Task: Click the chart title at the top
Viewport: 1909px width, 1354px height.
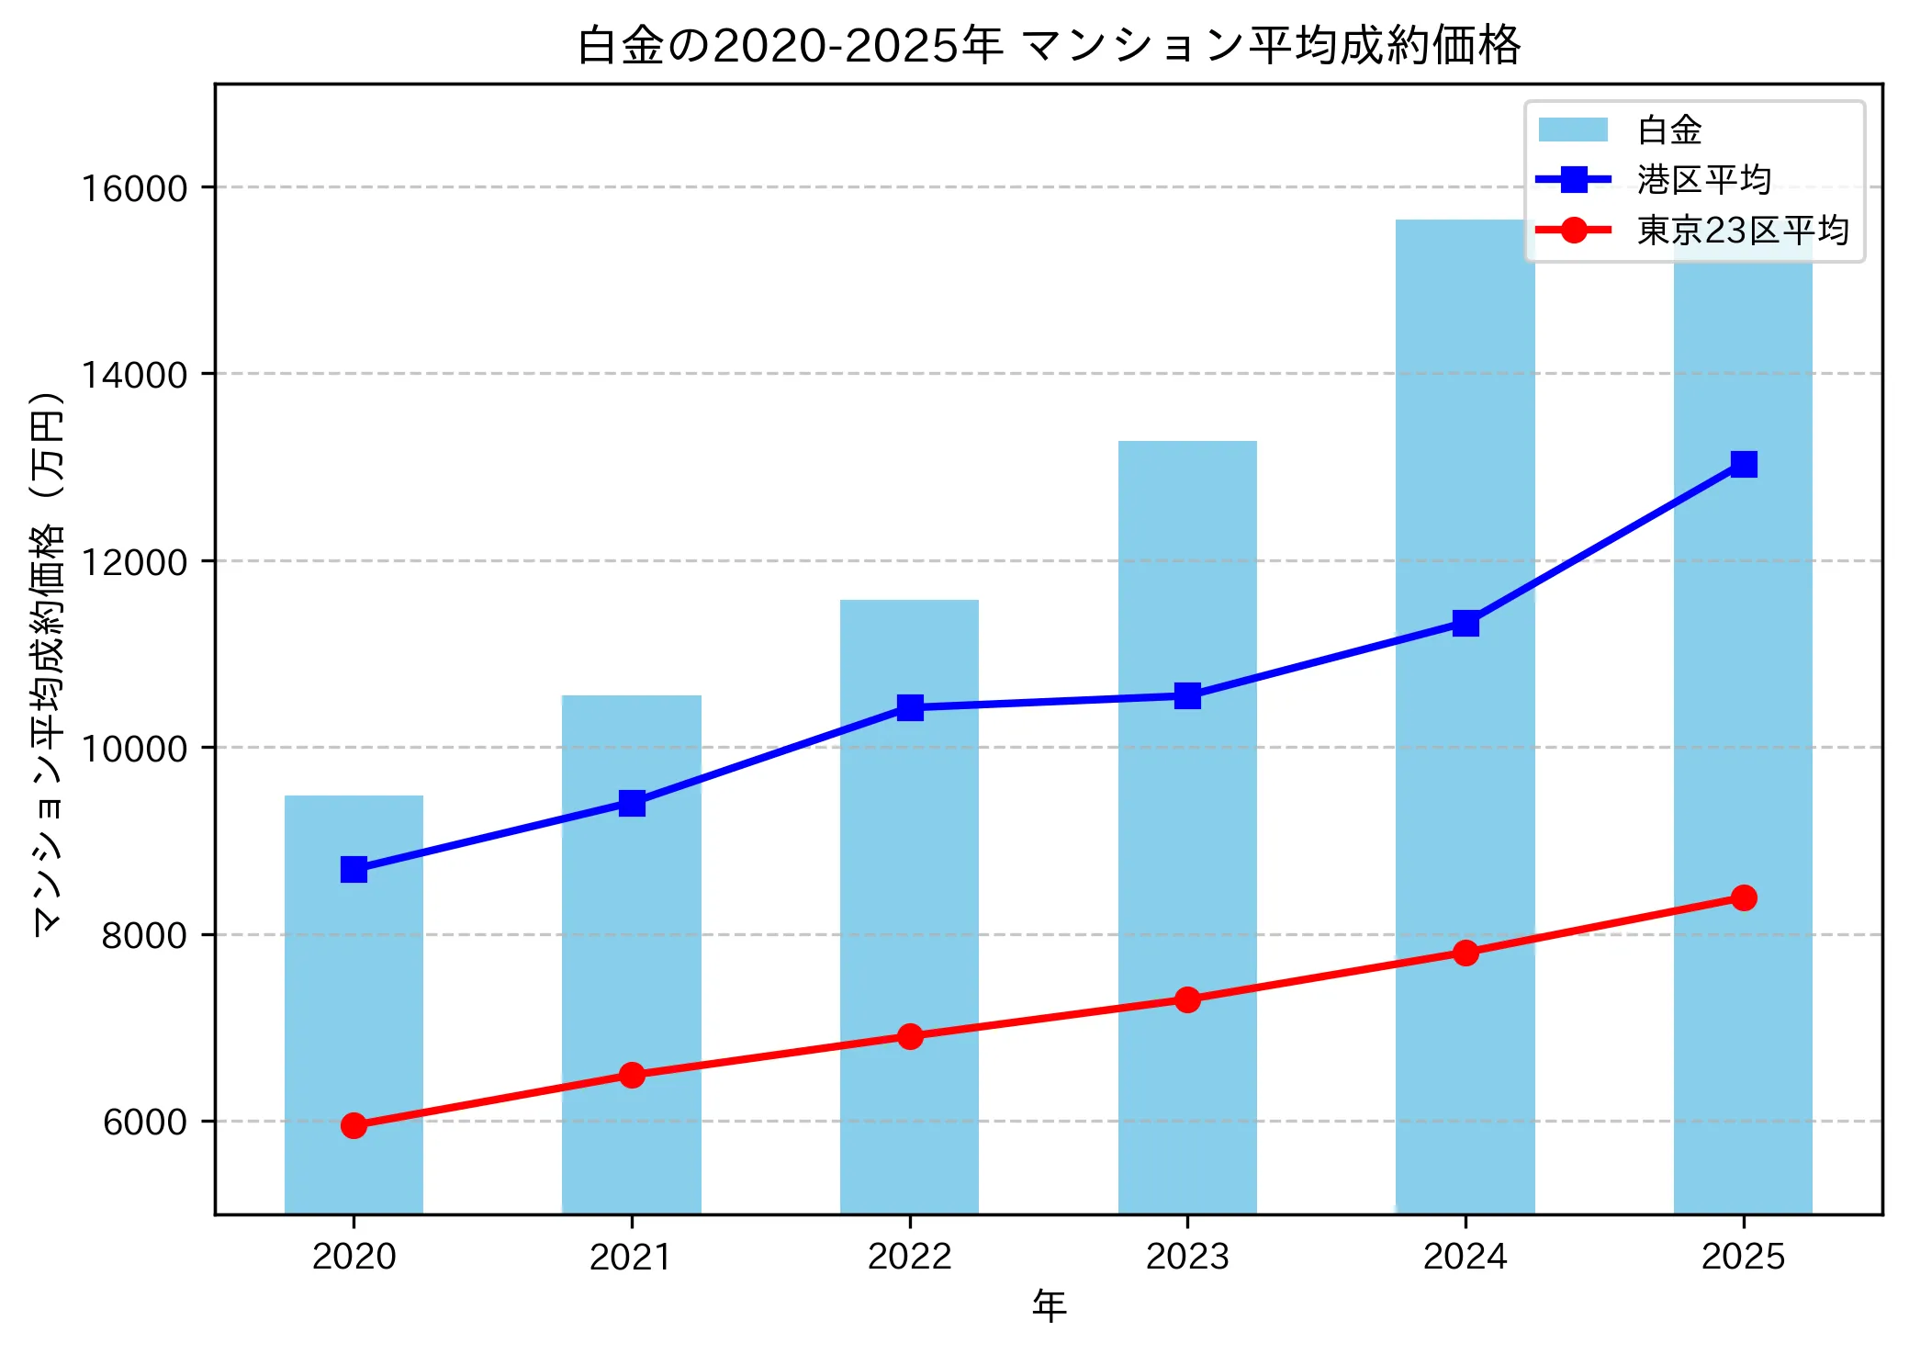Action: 1048,45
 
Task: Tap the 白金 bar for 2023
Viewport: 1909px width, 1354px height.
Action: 1187,827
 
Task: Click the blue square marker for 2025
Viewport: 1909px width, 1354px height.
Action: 1743,464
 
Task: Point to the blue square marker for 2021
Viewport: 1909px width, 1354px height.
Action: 632,804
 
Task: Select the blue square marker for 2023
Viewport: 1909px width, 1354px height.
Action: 1187,695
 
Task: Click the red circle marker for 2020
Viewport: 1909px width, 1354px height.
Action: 354,1125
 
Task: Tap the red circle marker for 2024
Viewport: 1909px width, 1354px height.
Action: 1465,953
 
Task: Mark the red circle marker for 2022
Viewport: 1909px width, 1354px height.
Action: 909,1036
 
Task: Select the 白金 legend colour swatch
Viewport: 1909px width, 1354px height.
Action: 1573,130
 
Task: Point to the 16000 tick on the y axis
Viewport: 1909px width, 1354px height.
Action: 134,188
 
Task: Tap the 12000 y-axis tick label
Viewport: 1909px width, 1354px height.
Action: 134,562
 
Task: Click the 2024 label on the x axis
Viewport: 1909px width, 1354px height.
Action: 1465,1257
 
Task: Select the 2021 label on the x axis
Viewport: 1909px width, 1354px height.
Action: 632,1257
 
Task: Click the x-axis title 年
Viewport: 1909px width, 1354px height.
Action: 1049,1305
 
